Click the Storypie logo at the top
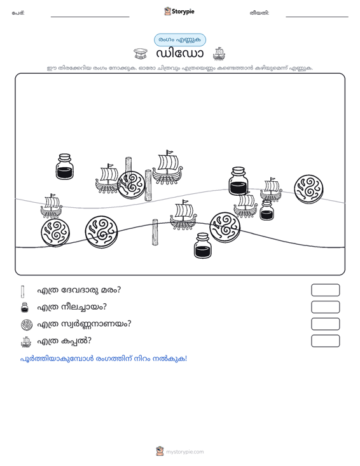pos(179,11)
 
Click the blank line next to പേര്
pos(90,17)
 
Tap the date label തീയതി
pos(260,13)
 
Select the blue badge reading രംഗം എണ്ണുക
pos(180,40)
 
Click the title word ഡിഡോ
pos(179,53)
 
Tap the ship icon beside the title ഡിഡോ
pos(219,53)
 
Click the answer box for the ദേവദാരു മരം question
pos(325,290)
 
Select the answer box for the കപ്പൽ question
pos(325,341)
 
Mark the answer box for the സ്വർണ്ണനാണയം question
pos(325,324)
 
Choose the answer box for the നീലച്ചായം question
pos(325,307)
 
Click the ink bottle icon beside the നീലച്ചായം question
pos(25,307)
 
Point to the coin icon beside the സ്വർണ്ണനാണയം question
pos(27,324)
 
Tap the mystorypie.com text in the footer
pos(184,452)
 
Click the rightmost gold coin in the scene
pos(308,189)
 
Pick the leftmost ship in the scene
pos(52,206)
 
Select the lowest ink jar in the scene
pos(203,245)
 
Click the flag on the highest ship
pos(170,153)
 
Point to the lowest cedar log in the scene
pos(155,232)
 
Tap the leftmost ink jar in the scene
pos(64,167)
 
